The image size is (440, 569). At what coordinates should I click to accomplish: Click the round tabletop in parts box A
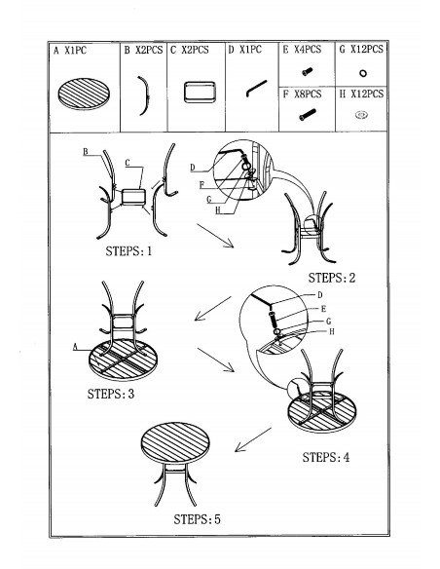tap(84, 94)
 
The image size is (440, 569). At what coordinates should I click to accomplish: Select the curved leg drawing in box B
tap(146, 95)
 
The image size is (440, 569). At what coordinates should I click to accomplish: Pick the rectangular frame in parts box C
tap(200, 93)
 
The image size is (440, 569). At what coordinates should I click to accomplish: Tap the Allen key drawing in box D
tap(256, 89)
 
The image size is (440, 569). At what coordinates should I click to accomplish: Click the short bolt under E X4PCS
tap(307, 71)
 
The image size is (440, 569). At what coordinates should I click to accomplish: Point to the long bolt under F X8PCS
tap(308, 115)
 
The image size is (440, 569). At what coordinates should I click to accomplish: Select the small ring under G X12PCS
tap(362, 73)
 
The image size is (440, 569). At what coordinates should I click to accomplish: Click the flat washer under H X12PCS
tap(361, 115)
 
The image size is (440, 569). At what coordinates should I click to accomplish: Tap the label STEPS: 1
tap(128, 251)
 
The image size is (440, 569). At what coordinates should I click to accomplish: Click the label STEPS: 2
tap(332, 278)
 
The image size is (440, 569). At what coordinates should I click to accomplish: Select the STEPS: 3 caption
tap(111, 394)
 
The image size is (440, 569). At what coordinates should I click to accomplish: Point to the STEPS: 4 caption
tap(326, 457)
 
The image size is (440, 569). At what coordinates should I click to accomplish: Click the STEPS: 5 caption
tap(197, 519)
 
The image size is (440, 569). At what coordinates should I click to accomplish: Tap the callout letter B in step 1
tap(86, 152)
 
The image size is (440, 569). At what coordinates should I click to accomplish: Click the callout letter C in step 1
tap(128, 164)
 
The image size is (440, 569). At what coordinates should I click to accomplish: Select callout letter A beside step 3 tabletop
tap(75, 347)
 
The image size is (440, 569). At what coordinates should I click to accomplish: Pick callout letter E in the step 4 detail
tap(323, 309)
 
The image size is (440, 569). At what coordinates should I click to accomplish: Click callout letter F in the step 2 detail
tap(202, 185)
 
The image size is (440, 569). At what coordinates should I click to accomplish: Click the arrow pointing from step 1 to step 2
tap(215, 236)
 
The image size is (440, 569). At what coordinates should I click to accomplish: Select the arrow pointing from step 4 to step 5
tap(253, 439)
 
